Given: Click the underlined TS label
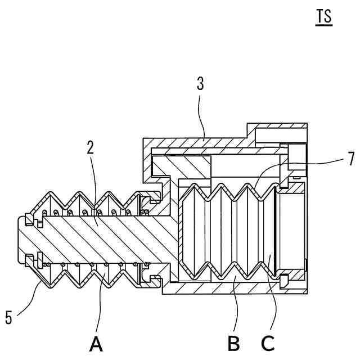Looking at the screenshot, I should point(324,17).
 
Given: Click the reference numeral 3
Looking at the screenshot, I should point(200,85).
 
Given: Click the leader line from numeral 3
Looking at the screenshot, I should point(203,118).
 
